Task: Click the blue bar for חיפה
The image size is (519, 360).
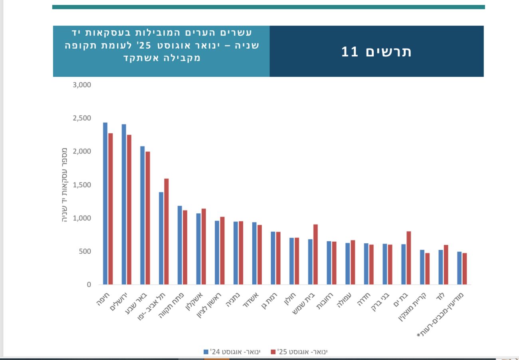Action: pyautogui.click(x=105, y=204)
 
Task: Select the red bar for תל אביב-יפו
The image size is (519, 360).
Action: pyautogui.click(x=166, y=232)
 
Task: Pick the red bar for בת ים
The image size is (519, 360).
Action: pyautogui.click(x=409, y=258)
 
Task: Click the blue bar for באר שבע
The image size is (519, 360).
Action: pyautogui.click(x=143, y=215)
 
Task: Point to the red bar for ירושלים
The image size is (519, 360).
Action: pyautogui.click(x=129, y=210)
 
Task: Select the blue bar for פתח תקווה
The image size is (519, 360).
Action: pyautogui.click(x=180, y=245)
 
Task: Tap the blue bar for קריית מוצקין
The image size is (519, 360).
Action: pyautogui.click(x=422, y=267)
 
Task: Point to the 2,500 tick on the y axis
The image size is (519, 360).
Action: pyautogui.click(x=82, y=118)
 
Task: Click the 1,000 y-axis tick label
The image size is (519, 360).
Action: pyautogui.click(x=82, y=218)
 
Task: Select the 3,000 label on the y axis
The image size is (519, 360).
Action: pyautogui.click(x=82, y=85)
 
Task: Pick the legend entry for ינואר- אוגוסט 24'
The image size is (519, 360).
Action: pyautogui.click(x=232, y=352)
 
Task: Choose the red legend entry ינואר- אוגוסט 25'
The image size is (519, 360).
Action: pyautogui.click(x=299, y=352)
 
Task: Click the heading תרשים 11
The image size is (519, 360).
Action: pyautogui.click(x=376, y=52)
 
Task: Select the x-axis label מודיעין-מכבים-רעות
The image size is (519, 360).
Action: pyautogui.click(x=441, y=314)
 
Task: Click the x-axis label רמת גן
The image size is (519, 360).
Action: pyautogui.click(x=269, y=302)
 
